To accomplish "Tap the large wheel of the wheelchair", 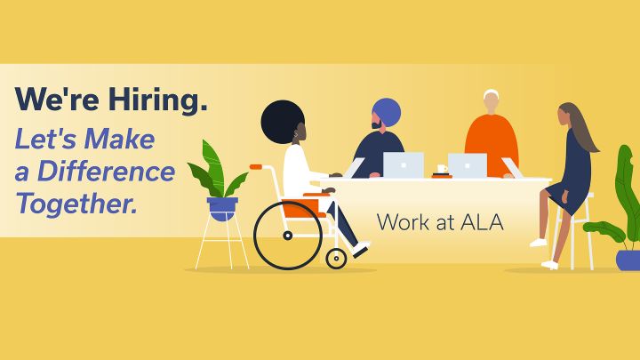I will tap(288, 235).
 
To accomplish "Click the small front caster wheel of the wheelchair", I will tap(336, 259).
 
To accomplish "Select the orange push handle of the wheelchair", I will tap(256, 167).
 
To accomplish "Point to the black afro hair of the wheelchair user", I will tap(280, 120).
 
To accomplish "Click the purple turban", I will tap(387, 112).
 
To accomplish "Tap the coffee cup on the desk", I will tap(442, 169).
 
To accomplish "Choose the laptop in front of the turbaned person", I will tap(404, 165).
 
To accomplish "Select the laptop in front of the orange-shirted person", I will tap(468, 165).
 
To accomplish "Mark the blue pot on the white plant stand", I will tap(222, 209).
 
